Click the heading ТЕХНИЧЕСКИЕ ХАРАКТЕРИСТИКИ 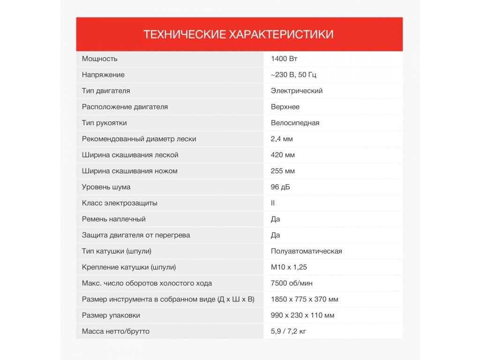(x=239, y=34)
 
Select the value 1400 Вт (x=284, y=59)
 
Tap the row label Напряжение (x=103, y=75)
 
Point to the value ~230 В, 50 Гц (x=297, y=75)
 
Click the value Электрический (x=297, y=91)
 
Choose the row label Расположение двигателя (x=125, y=107)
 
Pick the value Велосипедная (x=295, y=123)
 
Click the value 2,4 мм (x=282, y=139)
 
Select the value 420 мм (x=283, y=155)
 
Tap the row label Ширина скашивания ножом (x=129, y=171)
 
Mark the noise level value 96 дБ (x=280, y=187)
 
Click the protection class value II (x=273, y=203)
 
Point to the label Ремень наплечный (x=113, y=219)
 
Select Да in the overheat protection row (x=276, y=235)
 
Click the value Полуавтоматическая (x=306, y=251)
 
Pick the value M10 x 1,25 (x=289, y=267)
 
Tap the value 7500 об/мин (x=292, y=283)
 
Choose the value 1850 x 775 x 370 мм (x=304, y=299)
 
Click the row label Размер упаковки (x=111, y=315)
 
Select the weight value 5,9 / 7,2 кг (x=288, y=331)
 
